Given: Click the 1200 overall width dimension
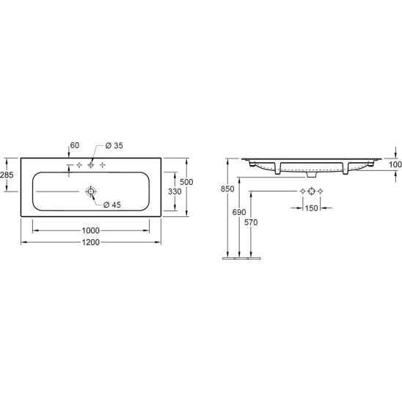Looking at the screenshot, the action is click(91, 242).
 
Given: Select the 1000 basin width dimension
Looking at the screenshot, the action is click(91, 230).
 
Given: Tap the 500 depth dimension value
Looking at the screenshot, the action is click(186, 182).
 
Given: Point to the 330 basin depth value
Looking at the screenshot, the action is click(175, 191).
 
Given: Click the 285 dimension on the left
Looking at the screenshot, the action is click(7, 175).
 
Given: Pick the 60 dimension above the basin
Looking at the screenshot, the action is click(75, 145).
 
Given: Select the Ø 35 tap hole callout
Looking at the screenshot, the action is click(114, 146).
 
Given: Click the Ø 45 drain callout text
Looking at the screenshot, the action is click(112, 205).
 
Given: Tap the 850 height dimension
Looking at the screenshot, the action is click(227, 189).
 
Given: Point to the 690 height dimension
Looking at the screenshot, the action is click(239, 212).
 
